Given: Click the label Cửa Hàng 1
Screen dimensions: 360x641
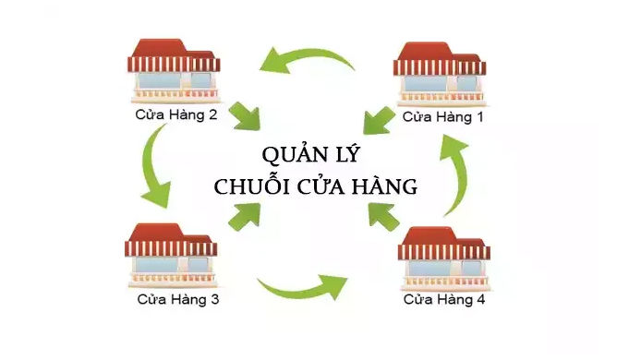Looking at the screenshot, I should click(x=440, y=117).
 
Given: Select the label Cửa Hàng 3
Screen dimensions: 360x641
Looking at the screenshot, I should click(x=178, y=300).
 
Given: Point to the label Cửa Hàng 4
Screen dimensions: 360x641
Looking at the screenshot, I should click(x=444, y=300).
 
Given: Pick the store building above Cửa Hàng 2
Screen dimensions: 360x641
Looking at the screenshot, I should click(x=174, y=70).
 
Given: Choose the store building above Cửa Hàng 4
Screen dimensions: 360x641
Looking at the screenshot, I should click(x=444, y=258).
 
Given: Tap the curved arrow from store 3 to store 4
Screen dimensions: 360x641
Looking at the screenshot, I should click(x=305, y=286).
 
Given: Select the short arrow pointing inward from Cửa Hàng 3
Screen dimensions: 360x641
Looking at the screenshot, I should click(x=244, y=215).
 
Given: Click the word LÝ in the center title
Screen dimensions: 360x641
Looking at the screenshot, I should click(x=344, y=153).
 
